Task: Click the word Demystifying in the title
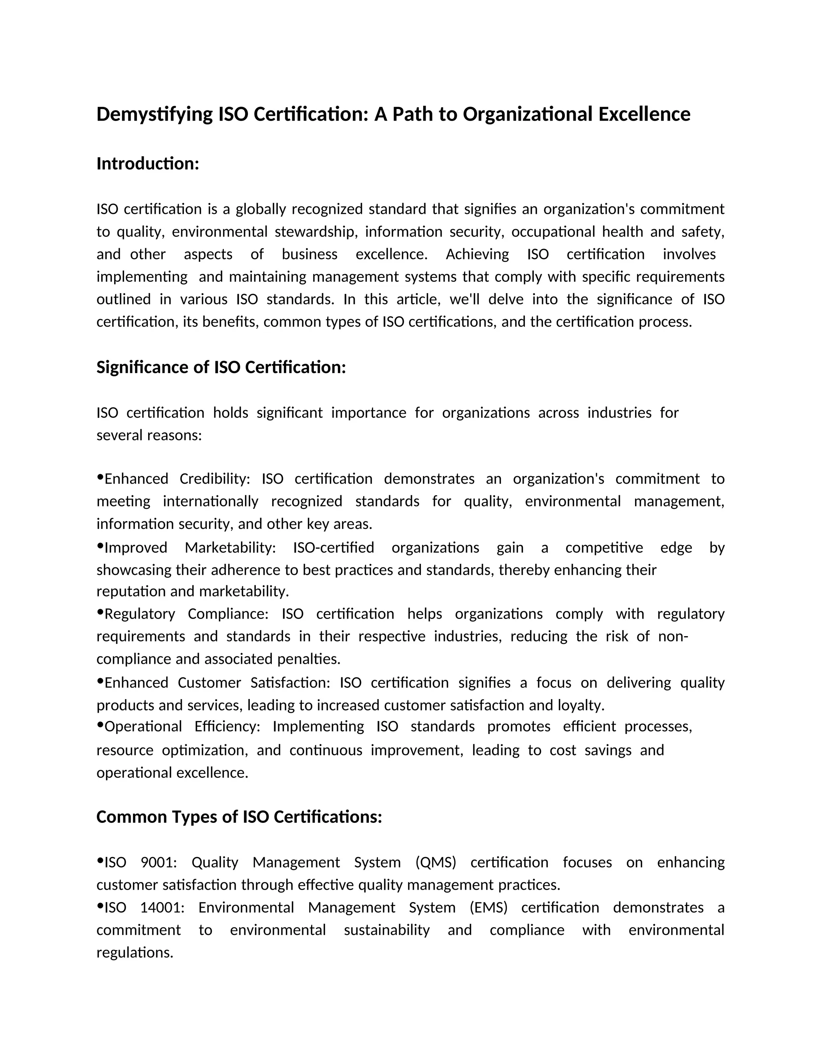[x=155, y=115]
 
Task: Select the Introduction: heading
[x=148, y=164]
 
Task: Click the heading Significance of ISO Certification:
[x=221, y=367]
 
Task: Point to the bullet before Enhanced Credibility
[x=100, y=478]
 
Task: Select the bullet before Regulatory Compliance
[x=100, y=613]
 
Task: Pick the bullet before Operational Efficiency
[x=100, y=725]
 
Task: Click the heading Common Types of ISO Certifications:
[x=239, y=817]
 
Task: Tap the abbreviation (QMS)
[x=436, y=862]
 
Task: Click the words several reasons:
[x=149, y=435]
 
